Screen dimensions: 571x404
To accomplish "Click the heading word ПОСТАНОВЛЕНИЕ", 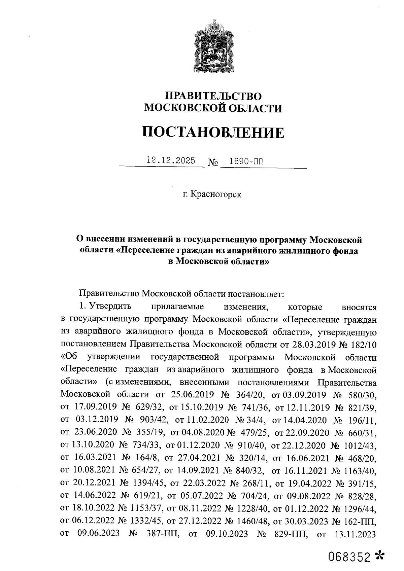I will pyautogui.click(x=212, y=132).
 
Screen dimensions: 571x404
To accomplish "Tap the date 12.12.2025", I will pyautogui.click(x=171, y=160).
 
